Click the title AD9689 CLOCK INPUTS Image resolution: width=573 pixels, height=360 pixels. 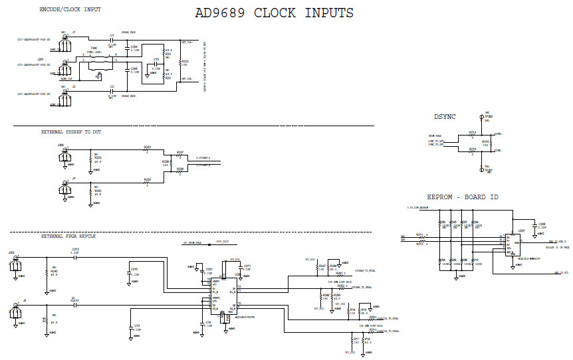274,13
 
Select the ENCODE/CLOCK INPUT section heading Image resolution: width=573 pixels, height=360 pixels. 70,10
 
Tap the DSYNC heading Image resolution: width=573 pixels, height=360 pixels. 445,116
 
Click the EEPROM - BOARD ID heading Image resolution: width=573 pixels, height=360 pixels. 463,197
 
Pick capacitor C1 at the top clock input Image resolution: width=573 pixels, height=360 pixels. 112,39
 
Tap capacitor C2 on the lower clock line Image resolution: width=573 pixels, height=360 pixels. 112,91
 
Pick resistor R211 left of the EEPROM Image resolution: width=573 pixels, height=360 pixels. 419,236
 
